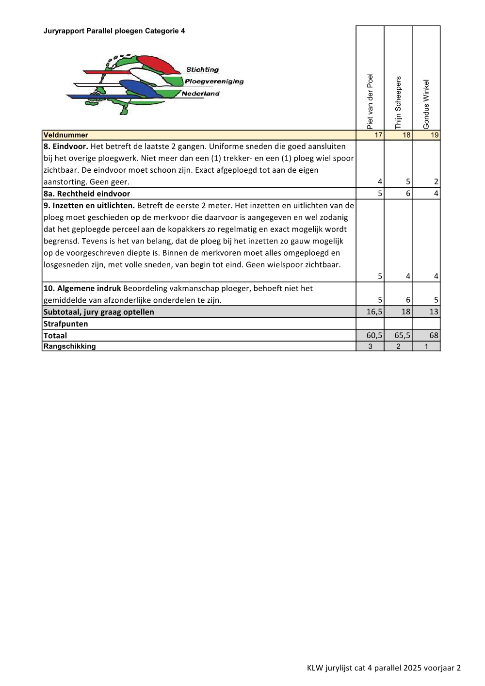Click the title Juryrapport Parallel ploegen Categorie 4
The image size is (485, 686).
click(x=114, y=31)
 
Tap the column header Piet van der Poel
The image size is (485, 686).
click(x=370, y=101)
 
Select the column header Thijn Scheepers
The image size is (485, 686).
click(x=398, y=102)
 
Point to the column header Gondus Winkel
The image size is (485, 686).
click(x=426, y=104)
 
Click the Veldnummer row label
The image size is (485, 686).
click(x=66, y=135)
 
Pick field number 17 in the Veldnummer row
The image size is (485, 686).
click(x=378, y=135)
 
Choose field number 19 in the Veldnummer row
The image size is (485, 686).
click(x=435, y=135)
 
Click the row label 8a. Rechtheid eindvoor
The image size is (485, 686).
click(x=87, y=194)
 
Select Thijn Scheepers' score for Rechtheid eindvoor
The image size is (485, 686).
click(x=408, y=194)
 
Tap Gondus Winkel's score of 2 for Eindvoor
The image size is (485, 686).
click(x=436, y=182)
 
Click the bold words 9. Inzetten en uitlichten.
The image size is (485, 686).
click(x=89, y=206)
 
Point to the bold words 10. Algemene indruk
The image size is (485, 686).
click(x=82, y=288)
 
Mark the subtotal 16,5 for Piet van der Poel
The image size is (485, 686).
click(x=374, y=312)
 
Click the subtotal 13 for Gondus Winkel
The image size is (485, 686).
click(x=434, y=312)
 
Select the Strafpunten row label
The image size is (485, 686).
click(x=66, y=324)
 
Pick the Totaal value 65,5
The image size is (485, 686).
click(x=403, y=335)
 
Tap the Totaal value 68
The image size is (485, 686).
click(x=434, y=335)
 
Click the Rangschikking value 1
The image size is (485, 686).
click(x=426, y=346)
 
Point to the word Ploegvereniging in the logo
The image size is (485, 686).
click(x=214, y=82)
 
